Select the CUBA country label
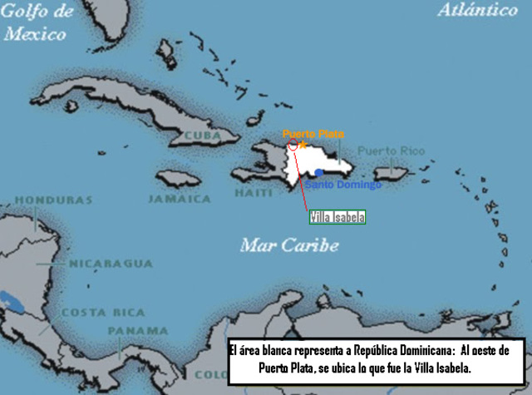coord(202,135)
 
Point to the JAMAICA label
coord(179,199)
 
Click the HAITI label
coord(253,192)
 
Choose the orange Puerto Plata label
coord(313,133)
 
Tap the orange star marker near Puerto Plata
coord(303,145)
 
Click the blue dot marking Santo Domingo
coord(319,173)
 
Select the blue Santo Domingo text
coord(342,185)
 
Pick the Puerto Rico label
coord(391,151)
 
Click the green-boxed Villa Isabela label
coord(337,217)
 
